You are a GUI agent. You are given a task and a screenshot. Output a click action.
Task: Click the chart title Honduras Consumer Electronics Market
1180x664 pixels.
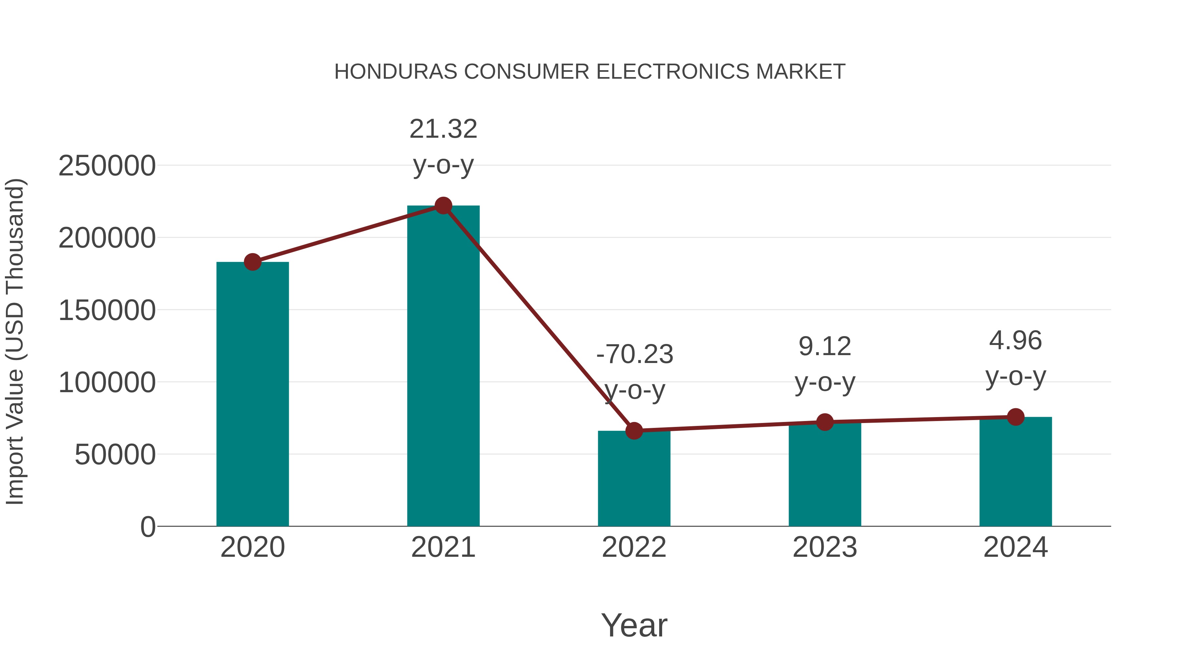(x=590, y=72)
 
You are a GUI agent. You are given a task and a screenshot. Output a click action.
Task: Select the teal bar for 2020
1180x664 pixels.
(x=252, y=394)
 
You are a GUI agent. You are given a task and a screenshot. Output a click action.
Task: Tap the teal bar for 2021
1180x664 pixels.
(x=443, y=367)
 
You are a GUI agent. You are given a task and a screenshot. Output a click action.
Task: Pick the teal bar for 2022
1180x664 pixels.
(x=634, y=479)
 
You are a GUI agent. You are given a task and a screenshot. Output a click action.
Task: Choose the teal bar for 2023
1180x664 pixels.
(x=825, y=474)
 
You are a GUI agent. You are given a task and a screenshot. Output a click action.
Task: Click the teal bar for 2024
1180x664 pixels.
(x=1015, y=472)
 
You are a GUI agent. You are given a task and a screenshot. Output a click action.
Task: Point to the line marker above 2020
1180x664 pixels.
(x=252, y=262)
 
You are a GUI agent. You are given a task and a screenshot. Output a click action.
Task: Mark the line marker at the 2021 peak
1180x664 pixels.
(x=443, y=206)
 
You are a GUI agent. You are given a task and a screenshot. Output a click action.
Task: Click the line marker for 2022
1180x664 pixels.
(x=634, y=431)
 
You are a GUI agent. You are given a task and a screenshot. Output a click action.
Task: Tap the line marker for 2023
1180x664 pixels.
(x=825, y=422)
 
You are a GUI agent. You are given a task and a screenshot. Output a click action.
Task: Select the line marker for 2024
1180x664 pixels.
(x=1015, y=417)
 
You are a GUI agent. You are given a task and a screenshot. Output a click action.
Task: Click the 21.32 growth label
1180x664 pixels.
(x=443, y=129)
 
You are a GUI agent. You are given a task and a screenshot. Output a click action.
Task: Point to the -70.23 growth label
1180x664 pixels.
(x=635, y=354)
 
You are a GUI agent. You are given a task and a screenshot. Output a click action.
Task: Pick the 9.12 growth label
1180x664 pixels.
(x=825, y=347)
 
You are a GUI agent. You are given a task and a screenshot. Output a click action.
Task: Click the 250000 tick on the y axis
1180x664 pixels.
(x=107, y=166)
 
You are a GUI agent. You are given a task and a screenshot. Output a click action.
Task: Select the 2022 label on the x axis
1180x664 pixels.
(x=634, y=547)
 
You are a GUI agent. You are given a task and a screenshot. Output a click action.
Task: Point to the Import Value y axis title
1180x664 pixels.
(x=15, y=341)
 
